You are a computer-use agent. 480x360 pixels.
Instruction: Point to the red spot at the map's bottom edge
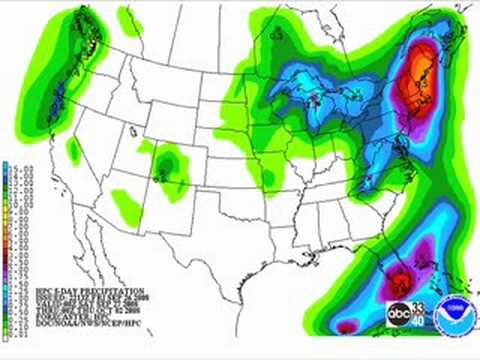[x=346, y=327]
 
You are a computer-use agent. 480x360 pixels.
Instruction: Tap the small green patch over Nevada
[x=73, y=149]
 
